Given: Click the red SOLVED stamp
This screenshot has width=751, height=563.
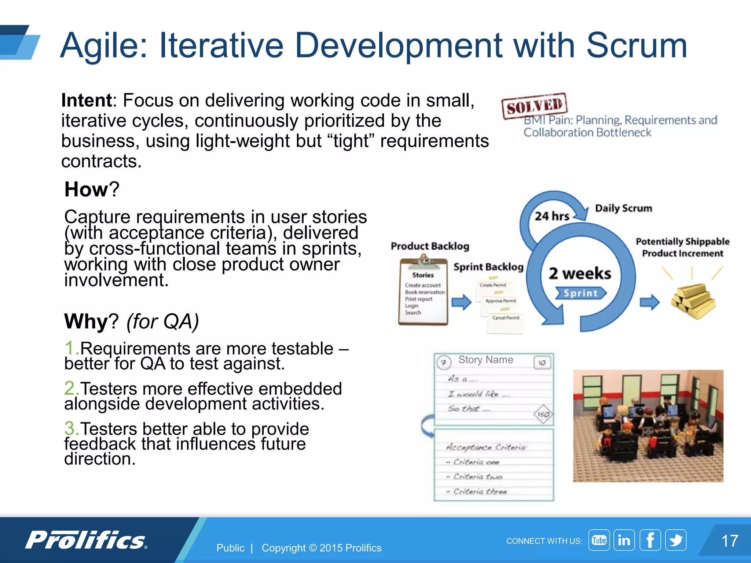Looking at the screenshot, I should point(534,106).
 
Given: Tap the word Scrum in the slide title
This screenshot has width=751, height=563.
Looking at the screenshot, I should point(637,45).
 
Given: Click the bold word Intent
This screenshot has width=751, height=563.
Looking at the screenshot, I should point(87,100).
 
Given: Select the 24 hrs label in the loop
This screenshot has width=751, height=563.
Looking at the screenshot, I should point(552,216).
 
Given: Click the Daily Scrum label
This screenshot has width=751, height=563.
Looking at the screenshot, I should point(623,208).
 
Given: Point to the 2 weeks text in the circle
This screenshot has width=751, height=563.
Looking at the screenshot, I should point(580,273).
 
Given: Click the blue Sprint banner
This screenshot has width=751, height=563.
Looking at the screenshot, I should point(580,293).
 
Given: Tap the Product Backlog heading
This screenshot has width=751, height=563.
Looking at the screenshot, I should point(430,246).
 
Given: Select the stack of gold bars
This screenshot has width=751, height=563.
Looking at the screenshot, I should point(693,301).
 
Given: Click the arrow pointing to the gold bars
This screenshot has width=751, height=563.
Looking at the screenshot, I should point(649,302).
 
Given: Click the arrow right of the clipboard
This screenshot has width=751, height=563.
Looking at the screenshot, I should point(461,302).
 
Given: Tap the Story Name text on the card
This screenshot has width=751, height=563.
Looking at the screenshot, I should point(486,360).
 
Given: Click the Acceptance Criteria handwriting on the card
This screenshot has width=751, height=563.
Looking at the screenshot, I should point(486,447).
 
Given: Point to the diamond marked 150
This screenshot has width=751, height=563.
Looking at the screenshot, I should point(543,414).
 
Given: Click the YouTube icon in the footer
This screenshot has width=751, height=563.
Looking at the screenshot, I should point(599,540).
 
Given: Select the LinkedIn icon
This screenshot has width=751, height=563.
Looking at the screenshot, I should point(624,540).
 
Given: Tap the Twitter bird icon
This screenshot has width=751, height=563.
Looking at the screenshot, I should point(675,540).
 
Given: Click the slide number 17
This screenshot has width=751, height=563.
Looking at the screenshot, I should point(729,541).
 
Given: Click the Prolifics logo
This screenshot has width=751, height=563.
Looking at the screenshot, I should point(86,540).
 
